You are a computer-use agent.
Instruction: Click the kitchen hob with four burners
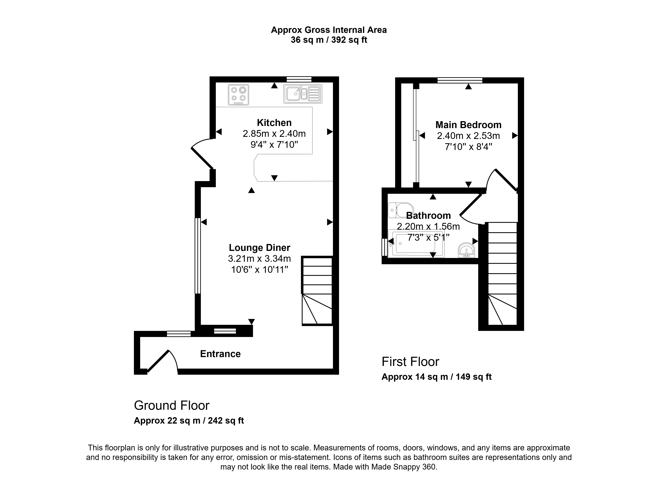239,95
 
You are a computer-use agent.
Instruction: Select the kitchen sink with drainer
303,94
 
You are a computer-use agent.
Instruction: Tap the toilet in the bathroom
401,210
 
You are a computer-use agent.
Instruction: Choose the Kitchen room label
274,122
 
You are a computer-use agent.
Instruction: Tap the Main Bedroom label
468,125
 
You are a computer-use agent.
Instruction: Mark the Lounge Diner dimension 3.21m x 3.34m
259,258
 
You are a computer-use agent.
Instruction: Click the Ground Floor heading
172,405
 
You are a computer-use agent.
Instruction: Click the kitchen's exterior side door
202,154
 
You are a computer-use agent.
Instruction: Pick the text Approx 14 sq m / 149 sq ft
436,377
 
